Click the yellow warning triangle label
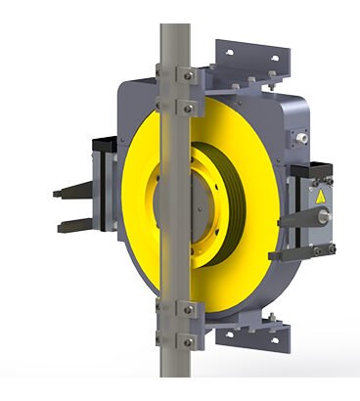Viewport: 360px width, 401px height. click(x=319, y=196)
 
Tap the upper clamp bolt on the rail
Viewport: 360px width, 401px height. click(x=184, y=74)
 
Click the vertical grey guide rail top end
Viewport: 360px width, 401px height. click(x=174, y=29)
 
